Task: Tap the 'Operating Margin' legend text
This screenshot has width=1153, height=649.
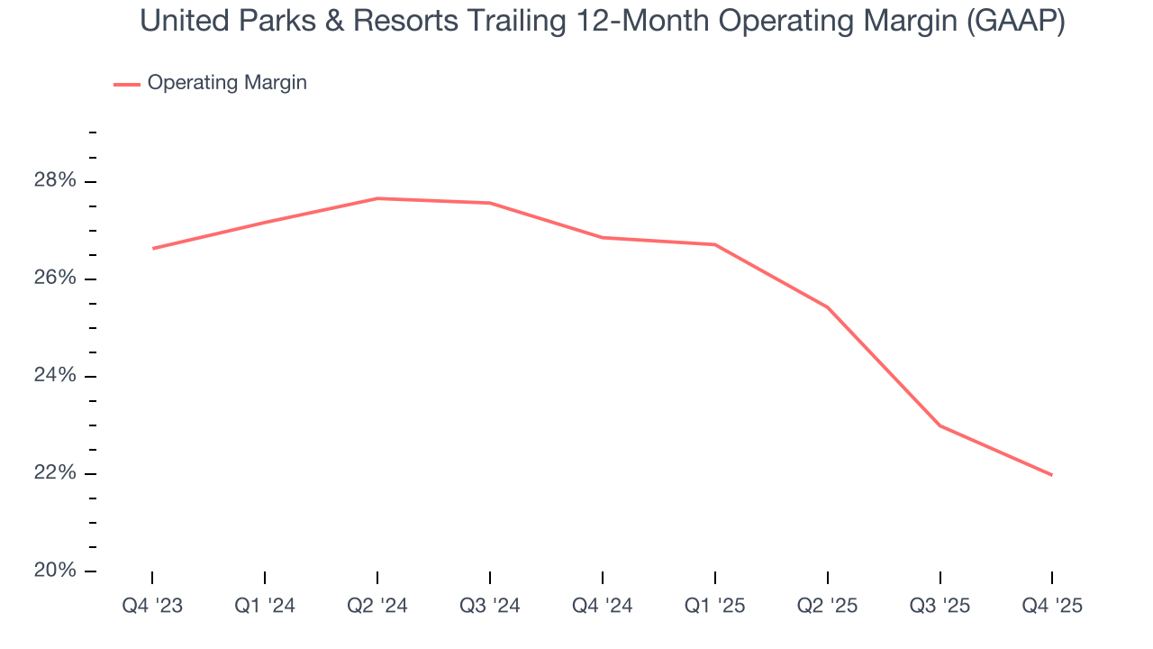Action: [x=227, y=83]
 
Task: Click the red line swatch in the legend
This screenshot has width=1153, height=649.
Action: [x=126, y=84]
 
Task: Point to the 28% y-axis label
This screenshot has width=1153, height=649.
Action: [x=55, y=181]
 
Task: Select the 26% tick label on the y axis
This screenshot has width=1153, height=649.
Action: [x=55, y=279]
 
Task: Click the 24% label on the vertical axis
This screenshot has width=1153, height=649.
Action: [x=55, y=376]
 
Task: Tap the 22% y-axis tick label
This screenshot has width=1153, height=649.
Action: [x=55, y=473]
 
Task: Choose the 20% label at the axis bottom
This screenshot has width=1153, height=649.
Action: [x=55, y=571]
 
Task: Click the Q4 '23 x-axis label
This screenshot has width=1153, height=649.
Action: [x=152, y=606]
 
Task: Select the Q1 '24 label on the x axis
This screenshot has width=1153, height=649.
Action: [x=265, y=606]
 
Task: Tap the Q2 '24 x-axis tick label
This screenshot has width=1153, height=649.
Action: [x=377, y=606]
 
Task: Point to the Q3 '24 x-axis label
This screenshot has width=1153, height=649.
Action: [x=490, y=606]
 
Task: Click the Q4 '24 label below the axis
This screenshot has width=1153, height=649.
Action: [x=603, y=606]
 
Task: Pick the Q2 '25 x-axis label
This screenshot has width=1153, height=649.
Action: [x=828, y=606]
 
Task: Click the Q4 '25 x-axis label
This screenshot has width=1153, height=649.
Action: [x=1052, y=606]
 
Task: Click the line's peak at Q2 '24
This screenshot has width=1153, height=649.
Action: [x=377, y=198]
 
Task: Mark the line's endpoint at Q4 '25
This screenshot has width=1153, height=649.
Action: [x=1052, y=475]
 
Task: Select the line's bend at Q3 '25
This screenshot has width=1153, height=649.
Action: [x=940, y=425]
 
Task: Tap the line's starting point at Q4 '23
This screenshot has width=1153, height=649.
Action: [x=152, y=248]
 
